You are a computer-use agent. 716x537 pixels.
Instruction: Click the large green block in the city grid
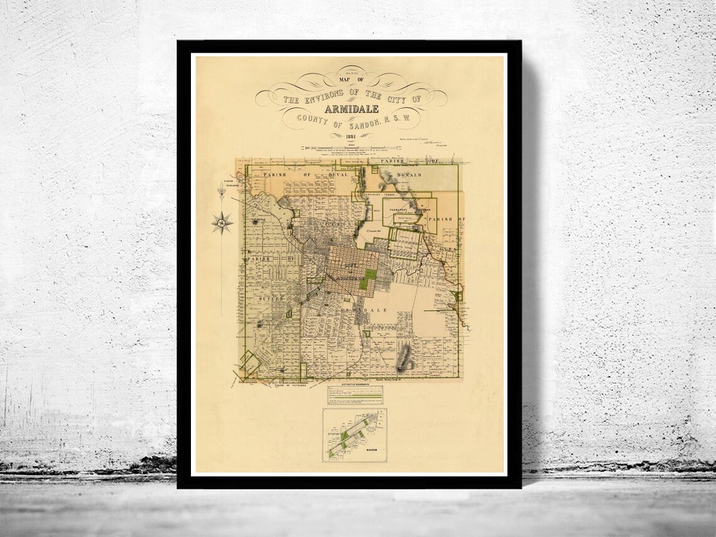point(368,279)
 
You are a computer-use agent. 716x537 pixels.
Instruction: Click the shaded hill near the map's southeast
point(406,357)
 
